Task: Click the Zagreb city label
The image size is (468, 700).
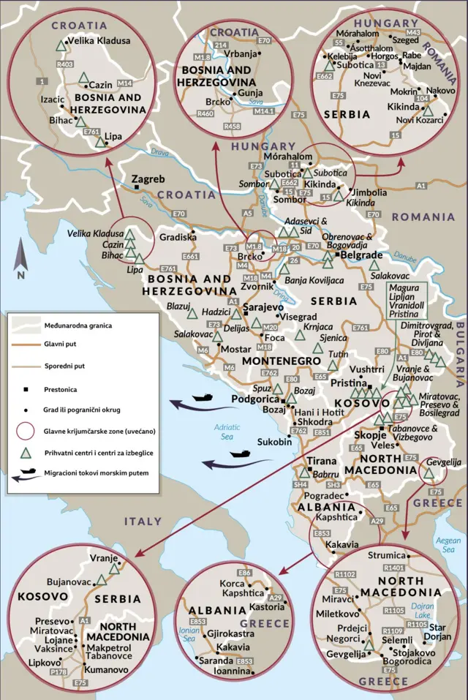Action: (x=148, y=179)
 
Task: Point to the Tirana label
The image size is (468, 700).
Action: (x=322, y=461)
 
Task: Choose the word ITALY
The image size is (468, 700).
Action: (x=142, y=522)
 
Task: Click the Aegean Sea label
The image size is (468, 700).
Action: (x=448, y=544)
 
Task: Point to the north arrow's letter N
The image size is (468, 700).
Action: (x=20, y=275)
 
